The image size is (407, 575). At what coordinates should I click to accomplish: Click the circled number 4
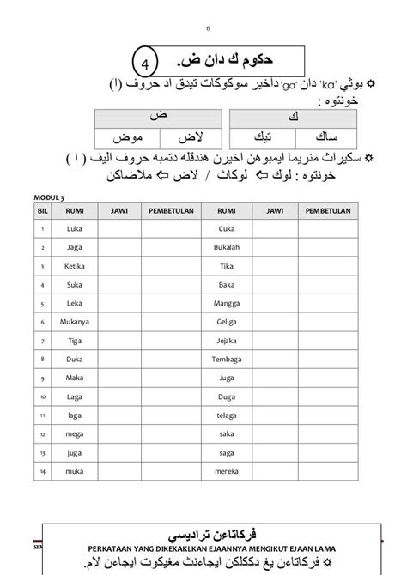point(146,64)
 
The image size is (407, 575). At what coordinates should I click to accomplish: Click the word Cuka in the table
point(227,227)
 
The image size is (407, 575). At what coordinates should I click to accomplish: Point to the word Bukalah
point(227,247)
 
